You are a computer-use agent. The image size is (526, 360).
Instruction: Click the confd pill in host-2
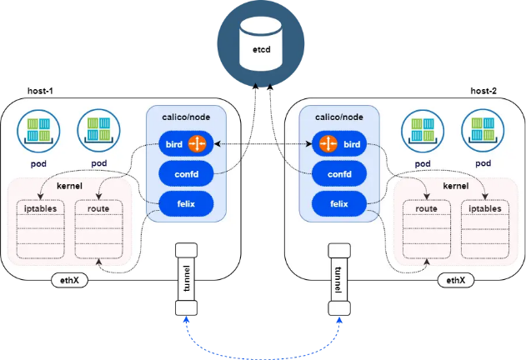tap(338, 173)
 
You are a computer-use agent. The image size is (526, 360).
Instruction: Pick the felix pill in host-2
tap(338, 202)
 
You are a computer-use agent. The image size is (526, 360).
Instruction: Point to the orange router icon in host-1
tap(198, 144)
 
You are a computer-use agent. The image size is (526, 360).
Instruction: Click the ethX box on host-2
tap(455, 280)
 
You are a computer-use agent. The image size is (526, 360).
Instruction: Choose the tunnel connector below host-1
tap(185, 279)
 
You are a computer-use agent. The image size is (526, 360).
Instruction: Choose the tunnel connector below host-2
tap(338, 279)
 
